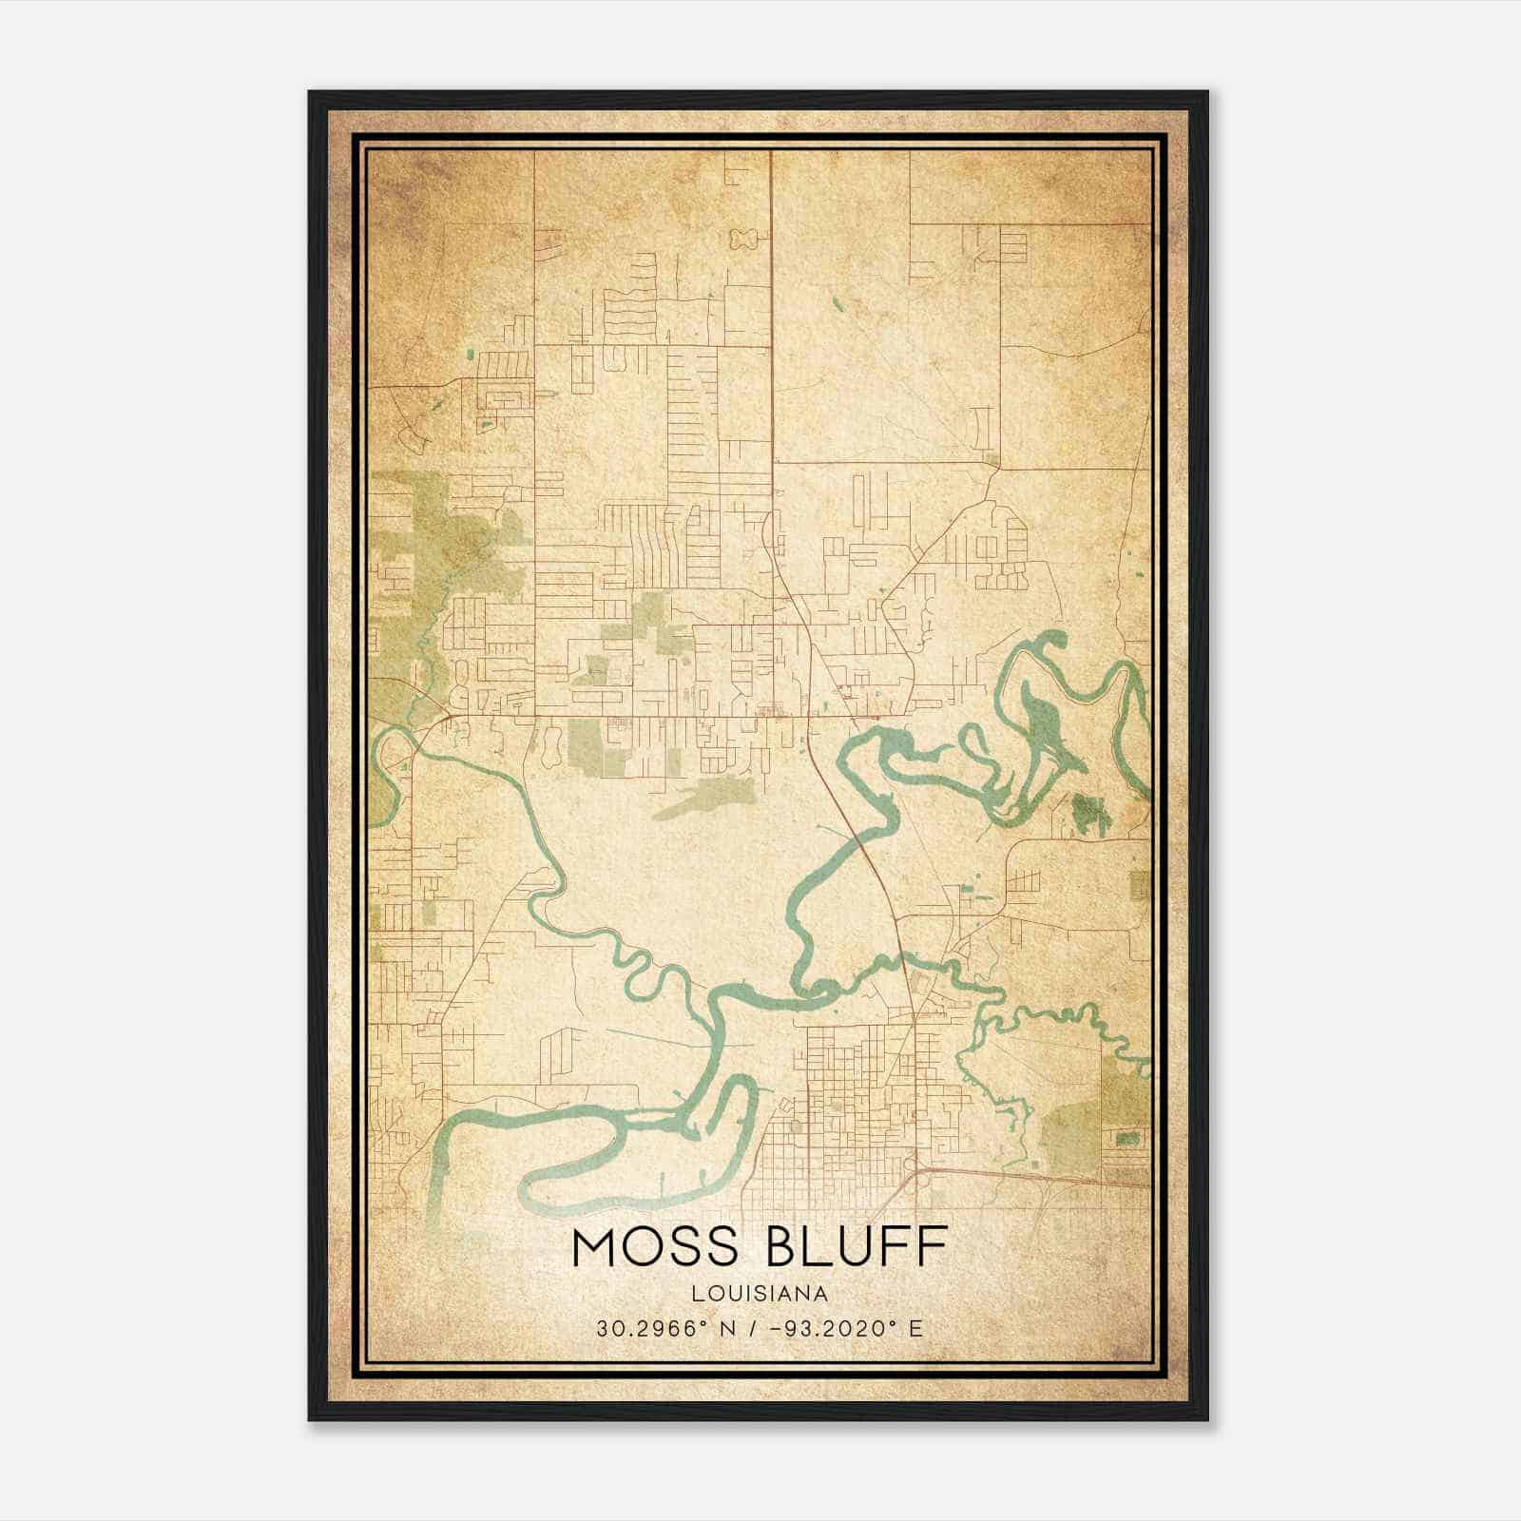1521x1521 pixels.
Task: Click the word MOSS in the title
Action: tap(655, 1248)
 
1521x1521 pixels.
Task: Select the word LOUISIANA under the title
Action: tap(760, 1294)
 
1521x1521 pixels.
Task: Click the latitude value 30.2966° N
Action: tap(655, 1328)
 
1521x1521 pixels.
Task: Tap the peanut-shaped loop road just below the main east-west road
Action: tap(549, 744)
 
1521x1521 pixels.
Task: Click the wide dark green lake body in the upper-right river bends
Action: tap(1041, 722)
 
